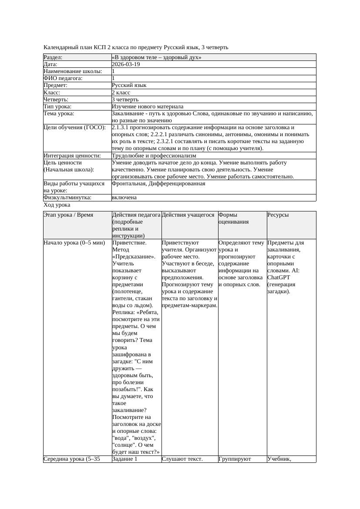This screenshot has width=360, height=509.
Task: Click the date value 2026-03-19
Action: (x=126, y=64)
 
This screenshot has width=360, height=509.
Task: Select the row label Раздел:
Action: (x=53, y=57)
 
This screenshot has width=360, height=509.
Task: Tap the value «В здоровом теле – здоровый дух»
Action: (x=156, y=57)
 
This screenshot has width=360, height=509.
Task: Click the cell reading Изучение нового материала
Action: (x=147, y=107)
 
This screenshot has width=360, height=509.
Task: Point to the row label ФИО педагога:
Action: (x=63, y=78)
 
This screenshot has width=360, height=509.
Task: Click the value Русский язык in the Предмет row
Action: (x=129, y=85)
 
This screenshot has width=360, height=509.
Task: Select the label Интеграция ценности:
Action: (x=72, y=156)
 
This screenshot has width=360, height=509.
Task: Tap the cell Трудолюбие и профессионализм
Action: (x=154, y=156)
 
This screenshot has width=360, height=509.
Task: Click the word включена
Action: (x=124, y=198)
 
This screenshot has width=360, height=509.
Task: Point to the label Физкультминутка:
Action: (x=67, y=198)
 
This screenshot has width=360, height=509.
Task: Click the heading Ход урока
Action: (x=57, y=205)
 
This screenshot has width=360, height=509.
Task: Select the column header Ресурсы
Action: (x=278, y=215)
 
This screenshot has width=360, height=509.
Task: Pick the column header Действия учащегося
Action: (x=188, y=215)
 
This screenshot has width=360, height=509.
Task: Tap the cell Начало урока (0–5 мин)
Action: (x=74, y=243)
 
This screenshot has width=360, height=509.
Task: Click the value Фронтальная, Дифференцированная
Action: (x=158, y=184)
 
